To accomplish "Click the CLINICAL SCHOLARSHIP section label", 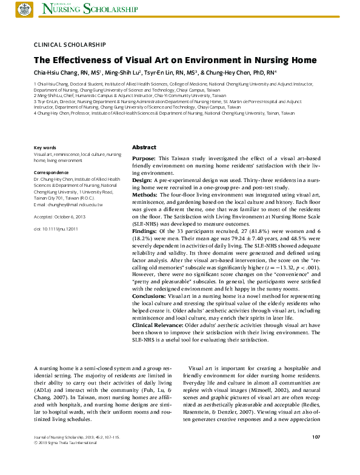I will [x=70, y=45].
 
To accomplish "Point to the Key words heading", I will [x=45, y=148].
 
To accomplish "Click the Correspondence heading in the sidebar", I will [x=52, y=173].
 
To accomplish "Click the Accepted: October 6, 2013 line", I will [x=60, y=217].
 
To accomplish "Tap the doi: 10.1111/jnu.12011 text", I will [x=56, y=229].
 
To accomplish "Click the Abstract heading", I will [x=144, y=147].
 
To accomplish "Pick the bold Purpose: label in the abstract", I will [x=144, y=158].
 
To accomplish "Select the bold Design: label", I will [x=142, y=181].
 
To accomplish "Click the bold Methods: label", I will [x=145, y=195].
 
